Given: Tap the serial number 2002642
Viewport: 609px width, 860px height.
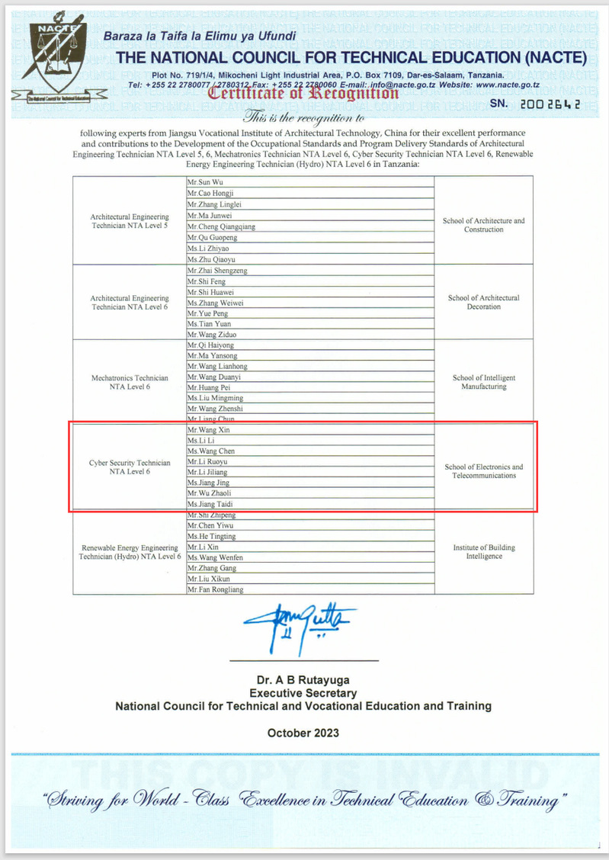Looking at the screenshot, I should [546, 104].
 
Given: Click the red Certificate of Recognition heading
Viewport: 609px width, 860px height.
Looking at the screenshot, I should [303, 93].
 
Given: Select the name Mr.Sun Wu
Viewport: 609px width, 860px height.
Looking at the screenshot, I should [205, 183].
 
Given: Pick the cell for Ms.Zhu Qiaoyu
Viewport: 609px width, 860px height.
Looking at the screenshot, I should [208, 260].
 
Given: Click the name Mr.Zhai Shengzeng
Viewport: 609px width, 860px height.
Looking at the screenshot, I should [217, 271].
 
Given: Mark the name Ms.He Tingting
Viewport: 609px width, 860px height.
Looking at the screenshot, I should [211, 537].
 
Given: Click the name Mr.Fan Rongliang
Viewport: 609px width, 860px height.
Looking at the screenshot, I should [216, 589].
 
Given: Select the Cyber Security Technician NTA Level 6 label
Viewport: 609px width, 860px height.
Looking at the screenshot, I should [130, 467].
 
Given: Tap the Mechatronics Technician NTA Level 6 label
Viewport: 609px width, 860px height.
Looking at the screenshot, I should [130, 382].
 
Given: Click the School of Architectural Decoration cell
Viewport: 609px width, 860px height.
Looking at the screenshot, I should [483, 302].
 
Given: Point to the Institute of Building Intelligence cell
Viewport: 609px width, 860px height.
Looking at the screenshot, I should [485, 552].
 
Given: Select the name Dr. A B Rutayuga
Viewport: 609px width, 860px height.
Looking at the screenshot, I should [303, 680].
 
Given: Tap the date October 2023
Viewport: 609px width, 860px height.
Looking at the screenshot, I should [303, 733].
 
